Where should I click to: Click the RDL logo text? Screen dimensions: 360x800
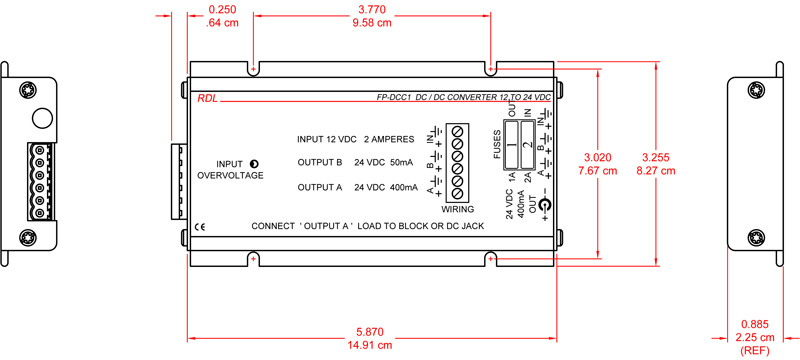tap(206, 97)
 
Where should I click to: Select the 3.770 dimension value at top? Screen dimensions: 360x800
tap(372, 10)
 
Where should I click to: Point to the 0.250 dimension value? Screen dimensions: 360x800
tap(221, 10)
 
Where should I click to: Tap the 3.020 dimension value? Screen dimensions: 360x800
tap(598, 157)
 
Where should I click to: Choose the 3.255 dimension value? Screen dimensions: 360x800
tap(657, 157)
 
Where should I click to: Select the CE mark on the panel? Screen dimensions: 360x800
tap(200, 225)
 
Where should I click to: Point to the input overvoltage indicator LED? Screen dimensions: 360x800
tap(253, 163)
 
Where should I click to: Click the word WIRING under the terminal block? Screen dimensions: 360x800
tap(458, 209)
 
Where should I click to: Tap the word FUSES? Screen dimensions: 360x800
tap(497, 144)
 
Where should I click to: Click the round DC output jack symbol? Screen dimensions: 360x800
tap(545, 207)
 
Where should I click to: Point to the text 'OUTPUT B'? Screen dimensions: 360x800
tap(320, 163)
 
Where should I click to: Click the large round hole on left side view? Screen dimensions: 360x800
tap(41, 118)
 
